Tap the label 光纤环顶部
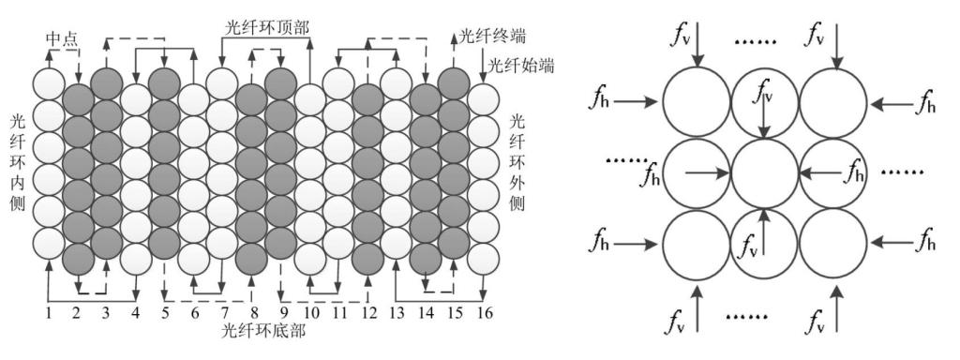point(264,25)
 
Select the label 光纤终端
point(493,37)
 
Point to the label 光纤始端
point(521,66)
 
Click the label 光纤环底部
point(264,332)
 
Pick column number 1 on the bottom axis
point(48,313)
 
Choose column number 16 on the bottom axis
point(484,313)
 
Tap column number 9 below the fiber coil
point(280,313)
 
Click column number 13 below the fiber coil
point(397,313)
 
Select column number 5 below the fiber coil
point(164,313)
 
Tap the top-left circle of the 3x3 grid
point(697,103)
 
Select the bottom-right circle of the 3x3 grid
point(833,243)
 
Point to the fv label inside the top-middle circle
point(763,95)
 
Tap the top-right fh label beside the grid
point(926,101)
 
